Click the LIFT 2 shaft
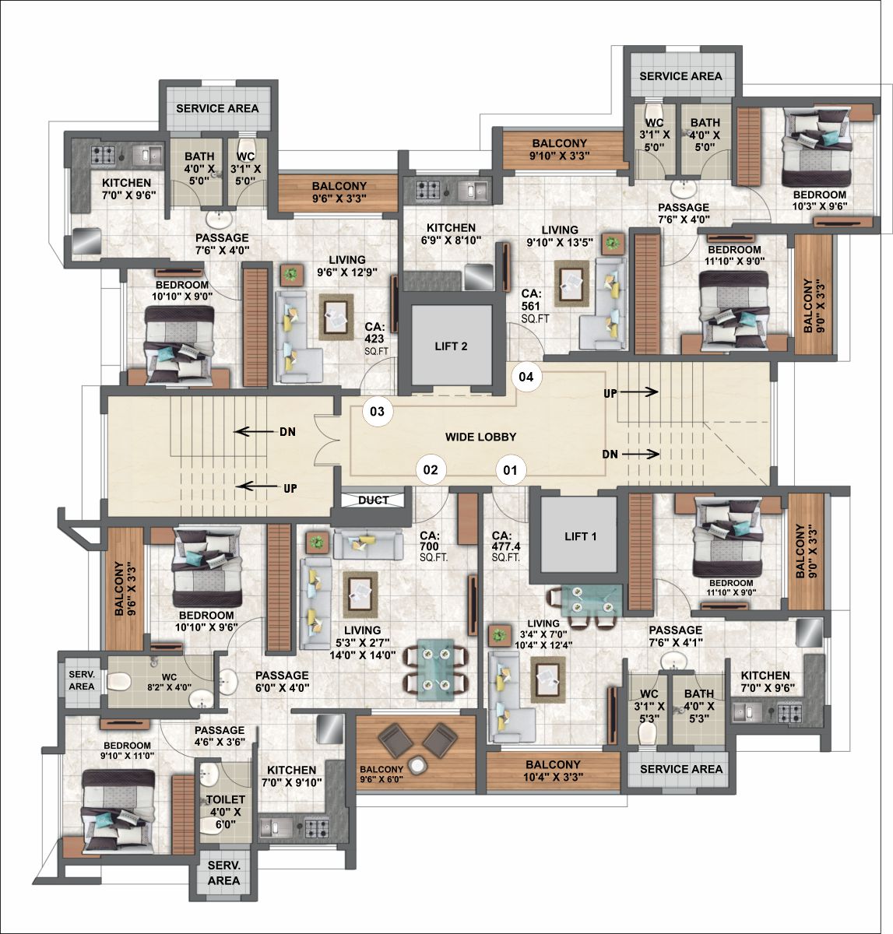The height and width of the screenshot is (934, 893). tap(451, 345)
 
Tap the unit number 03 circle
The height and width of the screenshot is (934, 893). tap(378, 411)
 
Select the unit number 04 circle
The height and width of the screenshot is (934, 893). tap(526, 377)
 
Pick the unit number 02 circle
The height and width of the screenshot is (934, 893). tap(431, 469)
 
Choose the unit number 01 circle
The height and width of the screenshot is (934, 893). tap(511, 469)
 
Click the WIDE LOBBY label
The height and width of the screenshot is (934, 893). tap(480, 437)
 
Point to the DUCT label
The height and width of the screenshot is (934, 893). tap(373, 500)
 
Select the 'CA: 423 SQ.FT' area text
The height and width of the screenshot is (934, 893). tap(376, 339)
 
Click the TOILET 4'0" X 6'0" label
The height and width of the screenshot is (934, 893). tap(225, 812)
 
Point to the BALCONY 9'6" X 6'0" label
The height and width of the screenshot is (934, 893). tap(381, 774)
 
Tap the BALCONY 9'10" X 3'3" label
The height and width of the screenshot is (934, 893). tap(559, 149)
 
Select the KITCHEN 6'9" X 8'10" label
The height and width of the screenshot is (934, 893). tap(451, 233)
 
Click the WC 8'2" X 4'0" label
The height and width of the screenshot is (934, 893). tap(169, 682)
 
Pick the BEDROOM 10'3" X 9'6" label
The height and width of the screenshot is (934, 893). tap(820, 200)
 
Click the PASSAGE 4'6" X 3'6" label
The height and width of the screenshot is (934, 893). tap(220, 736)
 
